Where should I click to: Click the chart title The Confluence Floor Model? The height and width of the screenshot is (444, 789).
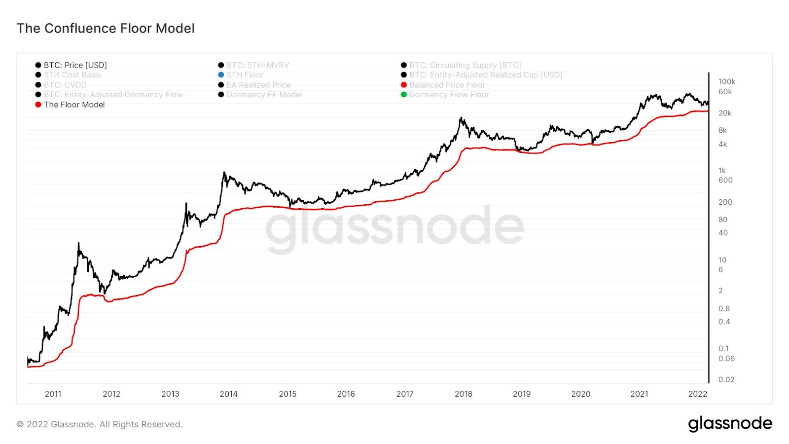coord(106,29)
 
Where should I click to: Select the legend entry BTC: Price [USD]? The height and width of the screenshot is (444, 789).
coord(75,65)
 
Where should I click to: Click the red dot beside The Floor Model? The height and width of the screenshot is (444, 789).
coord(38,105)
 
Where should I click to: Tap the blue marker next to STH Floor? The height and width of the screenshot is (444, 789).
coord(221,75)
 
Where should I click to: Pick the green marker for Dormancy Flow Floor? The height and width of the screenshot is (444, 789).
coord(403,95)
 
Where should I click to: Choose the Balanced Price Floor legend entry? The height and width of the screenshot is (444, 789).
coord(447,85)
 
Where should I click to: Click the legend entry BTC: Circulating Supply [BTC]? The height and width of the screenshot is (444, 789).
coord(465,65)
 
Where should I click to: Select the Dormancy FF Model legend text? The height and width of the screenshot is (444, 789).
coord(264,95)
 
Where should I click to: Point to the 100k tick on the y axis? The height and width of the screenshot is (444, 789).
coord(726,81)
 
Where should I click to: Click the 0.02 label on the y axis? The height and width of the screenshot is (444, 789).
coord(726,379)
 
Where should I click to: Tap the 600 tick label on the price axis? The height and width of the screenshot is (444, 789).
coord(725,180)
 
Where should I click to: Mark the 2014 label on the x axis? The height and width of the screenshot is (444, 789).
coord(228,394)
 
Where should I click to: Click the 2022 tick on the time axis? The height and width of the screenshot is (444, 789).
coord(697,394)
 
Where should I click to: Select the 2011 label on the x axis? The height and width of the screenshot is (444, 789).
coord(53,394)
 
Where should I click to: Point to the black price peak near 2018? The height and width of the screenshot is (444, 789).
coord(461,118)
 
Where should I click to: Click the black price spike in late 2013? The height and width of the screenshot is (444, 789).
coord(224,173)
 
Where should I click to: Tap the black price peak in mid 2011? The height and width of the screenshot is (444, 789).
coord(78,243)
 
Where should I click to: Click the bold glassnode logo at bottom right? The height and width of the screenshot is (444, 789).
coord(730,424)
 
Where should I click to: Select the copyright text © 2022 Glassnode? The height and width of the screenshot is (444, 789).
coord(100,424)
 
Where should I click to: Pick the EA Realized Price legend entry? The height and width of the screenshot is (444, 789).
coord(258,85)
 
